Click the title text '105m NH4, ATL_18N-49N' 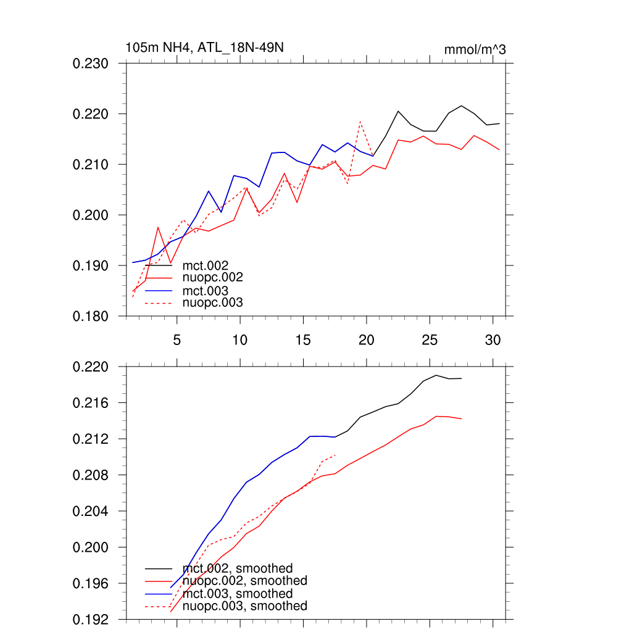click(204, 48)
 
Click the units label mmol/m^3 click(475, 49)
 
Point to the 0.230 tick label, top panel click(91, 64)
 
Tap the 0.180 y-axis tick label click(91, 316)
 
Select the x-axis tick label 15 click(302, 339)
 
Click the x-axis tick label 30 click(493, 339)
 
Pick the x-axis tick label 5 click(177, 339)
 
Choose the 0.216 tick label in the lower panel click(91, 403)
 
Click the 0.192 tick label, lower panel click(91, 619)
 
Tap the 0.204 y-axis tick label click(91, 512)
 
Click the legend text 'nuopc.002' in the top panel click(213, 278)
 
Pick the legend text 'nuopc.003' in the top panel click(213, 303)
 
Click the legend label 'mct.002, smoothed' click(238, 568)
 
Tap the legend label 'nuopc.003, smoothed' click(245, 606)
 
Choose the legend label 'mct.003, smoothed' click(238, 594)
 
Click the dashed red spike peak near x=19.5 click(360, 122)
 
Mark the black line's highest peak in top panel click(461, 106)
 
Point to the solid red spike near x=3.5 click(158, 227)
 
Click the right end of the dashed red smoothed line click(335, 455)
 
